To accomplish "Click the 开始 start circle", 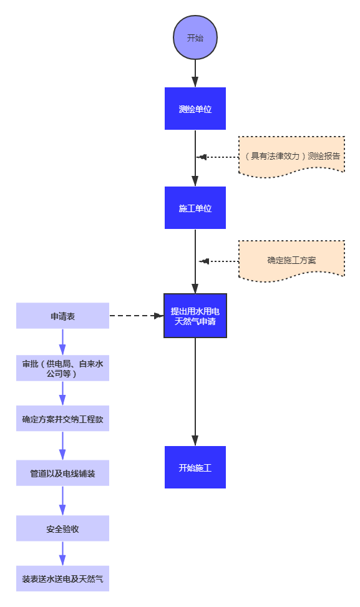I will pyautogui.click(x=195, y=37).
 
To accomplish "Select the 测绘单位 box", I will pyautogui.click(x=195, y=109).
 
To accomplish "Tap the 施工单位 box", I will pyautogui.click(x=195, y=208).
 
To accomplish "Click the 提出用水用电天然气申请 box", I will pyautogui.click(x=195, y=316).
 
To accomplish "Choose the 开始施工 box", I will pyautogui.click(x=195, y=467).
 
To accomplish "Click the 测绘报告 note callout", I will pyautogui.click(x=291, y=157).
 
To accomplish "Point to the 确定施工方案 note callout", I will pyautogui.click(x=291, y=260).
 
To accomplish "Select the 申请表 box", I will pyautogui.click(x=62, y=316).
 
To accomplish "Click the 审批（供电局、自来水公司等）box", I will pyautogui.click(x=62, y=368).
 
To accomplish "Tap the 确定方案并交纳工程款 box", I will pyautogui.click(x=62, y=419).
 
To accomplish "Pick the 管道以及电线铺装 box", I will pyautogui.click(x=62, y=473).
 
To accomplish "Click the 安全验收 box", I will pyautogui.click(x=62, y=528).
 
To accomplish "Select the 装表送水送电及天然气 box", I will pyautogui.click(x=62, y=579).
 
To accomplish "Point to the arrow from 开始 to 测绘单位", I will pyautogui.click(x=195, y=73).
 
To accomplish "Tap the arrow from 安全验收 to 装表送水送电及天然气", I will pyautogui.click(x=62, y=553).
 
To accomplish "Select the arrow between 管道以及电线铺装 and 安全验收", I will pyautogui.click(x=62, y=500).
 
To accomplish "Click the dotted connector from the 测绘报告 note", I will pyautogui.click(x=218, y=157).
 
